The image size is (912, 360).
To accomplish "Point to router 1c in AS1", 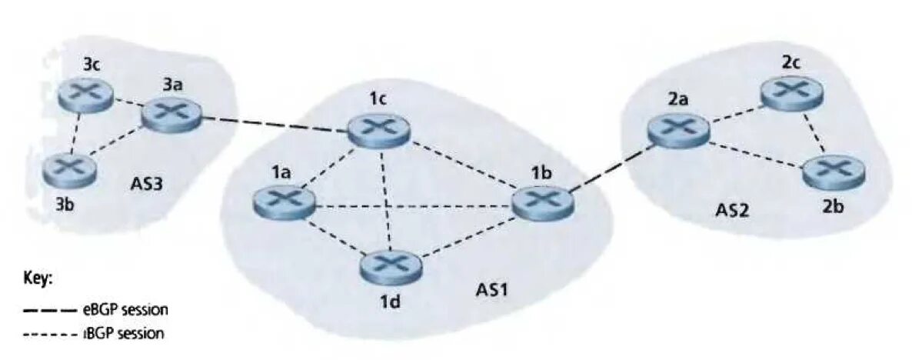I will pos(378,132).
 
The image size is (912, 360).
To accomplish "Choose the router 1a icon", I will pos(284,202).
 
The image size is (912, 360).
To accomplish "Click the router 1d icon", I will pos(390,266).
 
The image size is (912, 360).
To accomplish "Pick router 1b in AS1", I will pos(543,202).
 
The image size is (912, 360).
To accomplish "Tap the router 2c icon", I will pos(791,92).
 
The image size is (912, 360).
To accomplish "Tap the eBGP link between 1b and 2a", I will pos(610,165).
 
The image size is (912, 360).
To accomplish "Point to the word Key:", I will pos(38,281).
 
